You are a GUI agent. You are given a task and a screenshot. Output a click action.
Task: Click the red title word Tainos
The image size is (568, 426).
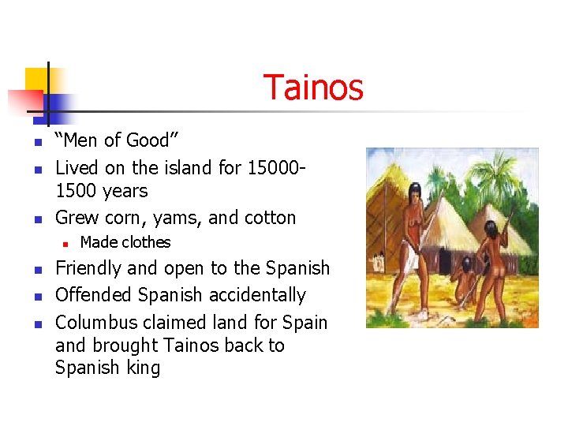tap(313, 88)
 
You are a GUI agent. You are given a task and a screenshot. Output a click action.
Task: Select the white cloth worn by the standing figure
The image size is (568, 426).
tap(417, 252)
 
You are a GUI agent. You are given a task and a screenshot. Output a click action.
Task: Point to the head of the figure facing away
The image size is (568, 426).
tap(491, 228)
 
